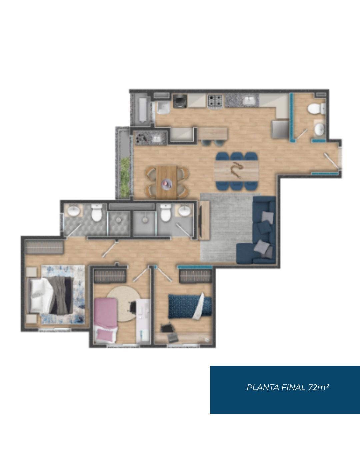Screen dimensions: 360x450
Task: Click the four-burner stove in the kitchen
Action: tap(215, 101)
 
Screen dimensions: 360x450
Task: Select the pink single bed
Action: tap(105, 320)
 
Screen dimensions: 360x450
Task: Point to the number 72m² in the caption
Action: tap(319, 387)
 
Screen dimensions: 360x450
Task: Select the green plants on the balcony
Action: tap(125, 178)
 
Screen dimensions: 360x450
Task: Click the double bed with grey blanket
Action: tap(51, 295)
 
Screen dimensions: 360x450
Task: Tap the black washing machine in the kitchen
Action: tap(180, 101)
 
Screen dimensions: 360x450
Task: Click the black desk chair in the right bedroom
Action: tap(167, 328)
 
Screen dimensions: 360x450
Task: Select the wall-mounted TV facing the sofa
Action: tap(200, 220)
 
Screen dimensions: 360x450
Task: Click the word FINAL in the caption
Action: tap(293, 387)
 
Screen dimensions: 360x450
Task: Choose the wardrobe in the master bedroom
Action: tap(44, 247)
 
